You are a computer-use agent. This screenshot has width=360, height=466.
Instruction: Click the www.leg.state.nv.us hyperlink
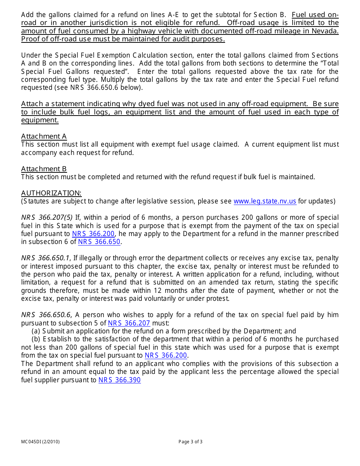(x=265, y=201)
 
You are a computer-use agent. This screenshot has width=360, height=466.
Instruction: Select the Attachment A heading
(x=44, y=136)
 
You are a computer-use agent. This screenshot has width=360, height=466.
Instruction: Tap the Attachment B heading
(x=44, y=169)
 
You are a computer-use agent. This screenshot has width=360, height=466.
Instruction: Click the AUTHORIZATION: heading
(x=51, y=193)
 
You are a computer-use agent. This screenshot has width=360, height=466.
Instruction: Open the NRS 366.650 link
(x=99, y=242)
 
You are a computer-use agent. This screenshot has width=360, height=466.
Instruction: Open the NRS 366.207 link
(x=129, y=323)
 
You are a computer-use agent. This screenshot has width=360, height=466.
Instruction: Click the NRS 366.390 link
(x=119, y=380)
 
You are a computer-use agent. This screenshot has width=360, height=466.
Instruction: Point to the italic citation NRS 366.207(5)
(x=47, y=217)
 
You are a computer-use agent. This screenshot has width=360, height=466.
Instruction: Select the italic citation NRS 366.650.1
(x=45, y=258)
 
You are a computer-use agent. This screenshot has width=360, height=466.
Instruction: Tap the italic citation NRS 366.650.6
(x=46, y=315)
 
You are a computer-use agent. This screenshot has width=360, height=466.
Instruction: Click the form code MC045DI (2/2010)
(x=40, y=442)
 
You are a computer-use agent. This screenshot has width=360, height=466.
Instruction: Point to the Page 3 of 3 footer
(x=190, y=442)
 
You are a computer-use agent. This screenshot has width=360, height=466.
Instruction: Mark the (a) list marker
(x=36, y=331)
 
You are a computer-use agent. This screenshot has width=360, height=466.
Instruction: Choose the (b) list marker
(x=36, y=339)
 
